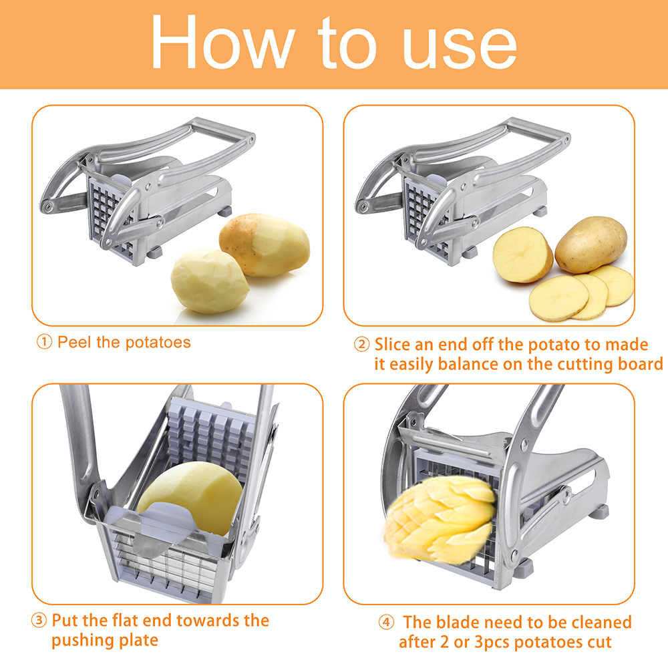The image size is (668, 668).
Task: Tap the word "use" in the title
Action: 460,47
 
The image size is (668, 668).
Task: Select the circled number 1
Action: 44,341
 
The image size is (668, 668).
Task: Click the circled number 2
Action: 361,344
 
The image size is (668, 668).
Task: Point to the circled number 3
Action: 39,621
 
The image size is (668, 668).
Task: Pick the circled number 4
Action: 386,623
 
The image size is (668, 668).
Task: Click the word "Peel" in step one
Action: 75,342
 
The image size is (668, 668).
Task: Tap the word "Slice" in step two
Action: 392,344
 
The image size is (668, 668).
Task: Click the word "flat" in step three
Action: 126,621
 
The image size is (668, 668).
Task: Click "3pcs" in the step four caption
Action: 492,643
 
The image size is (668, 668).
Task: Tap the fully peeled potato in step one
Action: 210,281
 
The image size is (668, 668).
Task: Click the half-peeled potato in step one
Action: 265,244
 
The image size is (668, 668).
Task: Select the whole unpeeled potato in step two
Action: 591,244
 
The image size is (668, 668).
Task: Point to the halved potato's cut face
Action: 520,255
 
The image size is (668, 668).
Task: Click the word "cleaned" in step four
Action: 601,623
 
